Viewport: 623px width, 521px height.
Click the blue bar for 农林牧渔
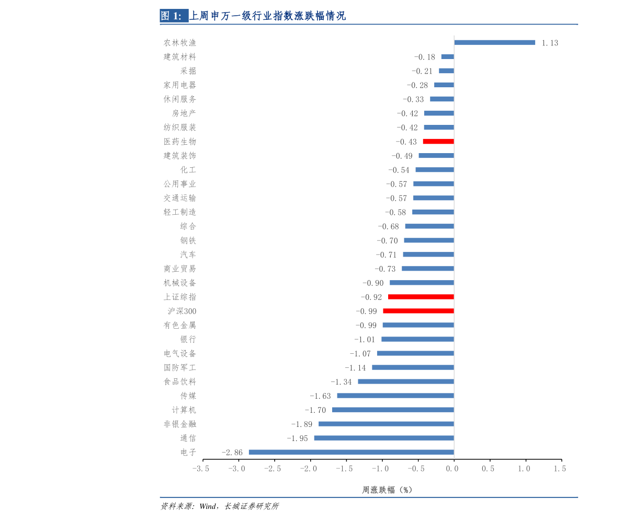point(494,42)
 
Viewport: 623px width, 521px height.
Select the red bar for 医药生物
point(438,142)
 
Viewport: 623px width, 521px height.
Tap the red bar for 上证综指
point(421,297)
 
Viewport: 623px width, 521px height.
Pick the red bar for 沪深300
point(418,311)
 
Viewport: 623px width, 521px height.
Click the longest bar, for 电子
point(351,453)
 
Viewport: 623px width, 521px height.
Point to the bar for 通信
point(384,438)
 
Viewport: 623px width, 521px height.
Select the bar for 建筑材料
point(448,57)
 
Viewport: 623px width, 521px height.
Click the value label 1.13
point(550,43)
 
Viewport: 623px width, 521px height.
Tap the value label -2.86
point(232,453)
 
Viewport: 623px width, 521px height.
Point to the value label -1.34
point(341,381)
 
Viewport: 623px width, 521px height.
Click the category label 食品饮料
point(180,381)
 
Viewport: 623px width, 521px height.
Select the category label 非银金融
point(180,424)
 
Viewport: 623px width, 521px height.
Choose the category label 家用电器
point(180,85)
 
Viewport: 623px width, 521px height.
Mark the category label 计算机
point(184,410)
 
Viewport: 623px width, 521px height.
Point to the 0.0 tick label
point(452,469)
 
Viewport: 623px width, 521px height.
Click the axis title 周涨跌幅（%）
point(387,490)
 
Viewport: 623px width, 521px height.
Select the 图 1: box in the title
point(174,16)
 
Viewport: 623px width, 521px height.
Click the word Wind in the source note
point(208,506)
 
